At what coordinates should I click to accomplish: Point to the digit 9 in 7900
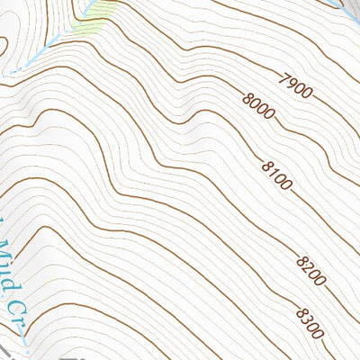tap(292, 85)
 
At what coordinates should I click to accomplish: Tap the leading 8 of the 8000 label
tap(247, 94)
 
